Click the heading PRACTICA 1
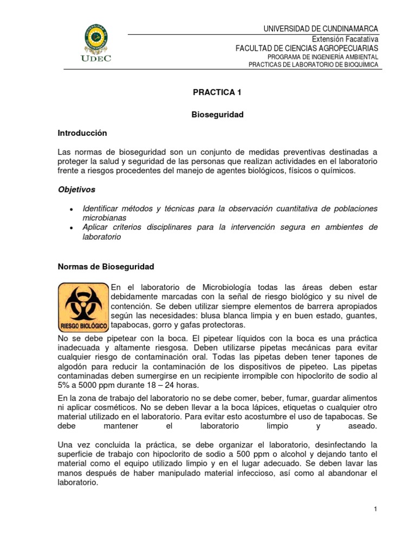217,93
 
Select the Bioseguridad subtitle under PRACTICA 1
218,115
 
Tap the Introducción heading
82,133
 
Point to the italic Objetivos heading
77,190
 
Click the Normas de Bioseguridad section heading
106,267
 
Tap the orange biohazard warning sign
83,306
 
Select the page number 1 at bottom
375,509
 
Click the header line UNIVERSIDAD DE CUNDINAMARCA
321,28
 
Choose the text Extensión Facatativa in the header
344,39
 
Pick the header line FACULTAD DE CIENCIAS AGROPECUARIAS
307,48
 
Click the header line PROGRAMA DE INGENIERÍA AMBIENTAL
323,57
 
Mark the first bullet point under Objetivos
72,210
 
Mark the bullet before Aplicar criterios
72,229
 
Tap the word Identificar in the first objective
103,209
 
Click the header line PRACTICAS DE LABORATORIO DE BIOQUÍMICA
313,65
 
